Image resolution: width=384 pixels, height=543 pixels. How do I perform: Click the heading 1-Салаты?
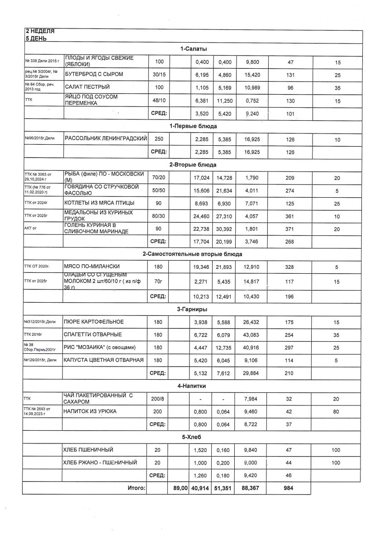point(193,49)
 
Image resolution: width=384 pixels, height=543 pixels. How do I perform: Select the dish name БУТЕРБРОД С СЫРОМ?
point(94,74)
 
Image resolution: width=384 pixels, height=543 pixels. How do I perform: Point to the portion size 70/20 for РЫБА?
point(158,178)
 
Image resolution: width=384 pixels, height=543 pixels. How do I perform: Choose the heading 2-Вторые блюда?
point(193,164)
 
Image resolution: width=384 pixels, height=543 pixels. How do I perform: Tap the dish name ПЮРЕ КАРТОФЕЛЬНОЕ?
point(94,322)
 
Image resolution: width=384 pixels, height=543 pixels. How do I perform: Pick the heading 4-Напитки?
point(193,386)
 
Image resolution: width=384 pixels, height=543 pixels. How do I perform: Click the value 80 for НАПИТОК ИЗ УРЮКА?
point(337,412)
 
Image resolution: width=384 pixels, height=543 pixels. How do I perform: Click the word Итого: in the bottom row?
point(135,489)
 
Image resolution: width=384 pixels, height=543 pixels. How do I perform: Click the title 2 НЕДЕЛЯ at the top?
point(40,32)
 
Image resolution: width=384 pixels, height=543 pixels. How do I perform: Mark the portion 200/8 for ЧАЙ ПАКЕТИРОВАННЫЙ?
point(158,399)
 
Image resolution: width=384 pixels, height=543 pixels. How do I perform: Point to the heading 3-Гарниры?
point(193,309)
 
